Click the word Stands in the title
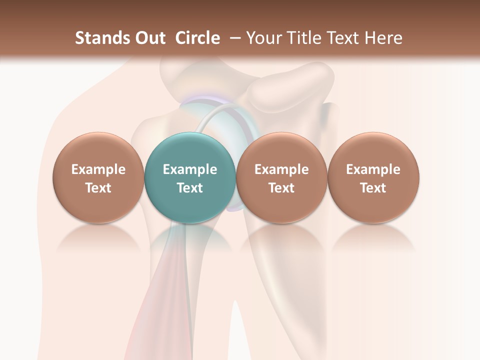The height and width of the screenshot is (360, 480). pos(99,38)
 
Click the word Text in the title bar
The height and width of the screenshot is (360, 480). pos(345,38)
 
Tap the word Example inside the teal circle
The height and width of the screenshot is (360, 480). pos(189,169)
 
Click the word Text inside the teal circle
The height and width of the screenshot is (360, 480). pos(189,188)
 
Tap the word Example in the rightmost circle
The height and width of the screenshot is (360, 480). pos(373,169)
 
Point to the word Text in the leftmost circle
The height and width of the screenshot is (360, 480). pos(98,188)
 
